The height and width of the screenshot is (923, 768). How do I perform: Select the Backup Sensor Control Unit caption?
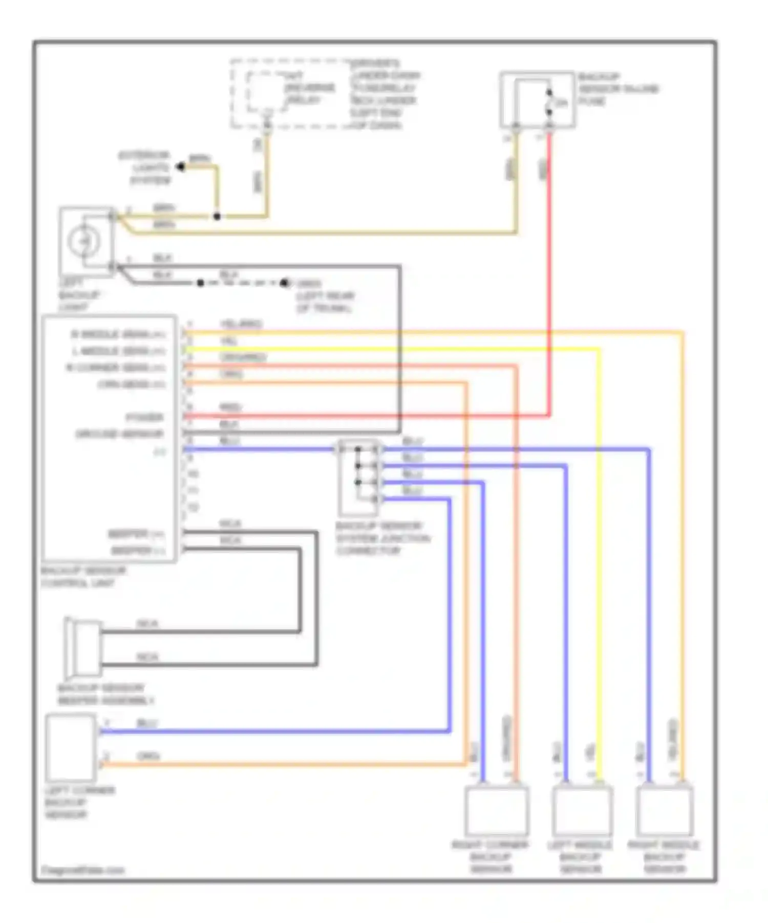(x=83, y=577)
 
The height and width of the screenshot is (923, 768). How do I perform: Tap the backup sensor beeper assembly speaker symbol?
(x=83, y=648)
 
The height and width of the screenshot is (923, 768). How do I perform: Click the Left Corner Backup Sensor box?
(x=71, y=748)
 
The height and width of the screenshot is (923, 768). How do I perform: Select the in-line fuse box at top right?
(x=537, y=100)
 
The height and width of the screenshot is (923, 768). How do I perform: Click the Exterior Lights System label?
(x=144, y=167)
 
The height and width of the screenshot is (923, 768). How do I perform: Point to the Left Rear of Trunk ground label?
(x=325, y=296)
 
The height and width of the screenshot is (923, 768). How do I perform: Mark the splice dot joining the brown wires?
(x=217, y=217)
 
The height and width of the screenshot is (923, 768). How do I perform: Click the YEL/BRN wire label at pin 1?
(x=241, y=324)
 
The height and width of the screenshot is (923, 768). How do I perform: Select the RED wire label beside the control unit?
(x=230, y=408)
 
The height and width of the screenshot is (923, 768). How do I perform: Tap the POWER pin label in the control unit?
(x=144, y=417)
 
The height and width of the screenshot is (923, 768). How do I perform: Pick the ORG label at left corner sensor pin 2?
(x=148, y=757)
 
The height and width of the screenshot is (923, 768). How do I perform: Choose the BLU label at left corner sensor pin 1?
(x=147, y=723)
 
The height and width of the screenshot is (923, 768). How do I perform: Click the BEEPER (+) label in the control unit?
(x=136, y=534)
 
